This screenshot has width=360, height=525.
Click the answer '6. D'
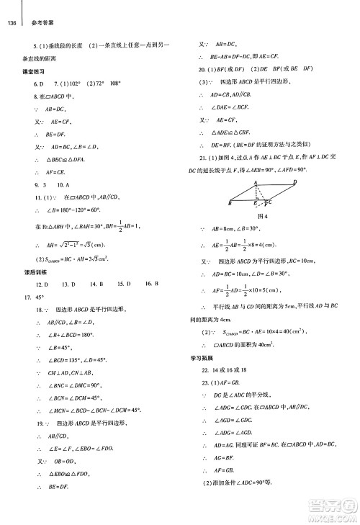(x=40, y=84)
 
